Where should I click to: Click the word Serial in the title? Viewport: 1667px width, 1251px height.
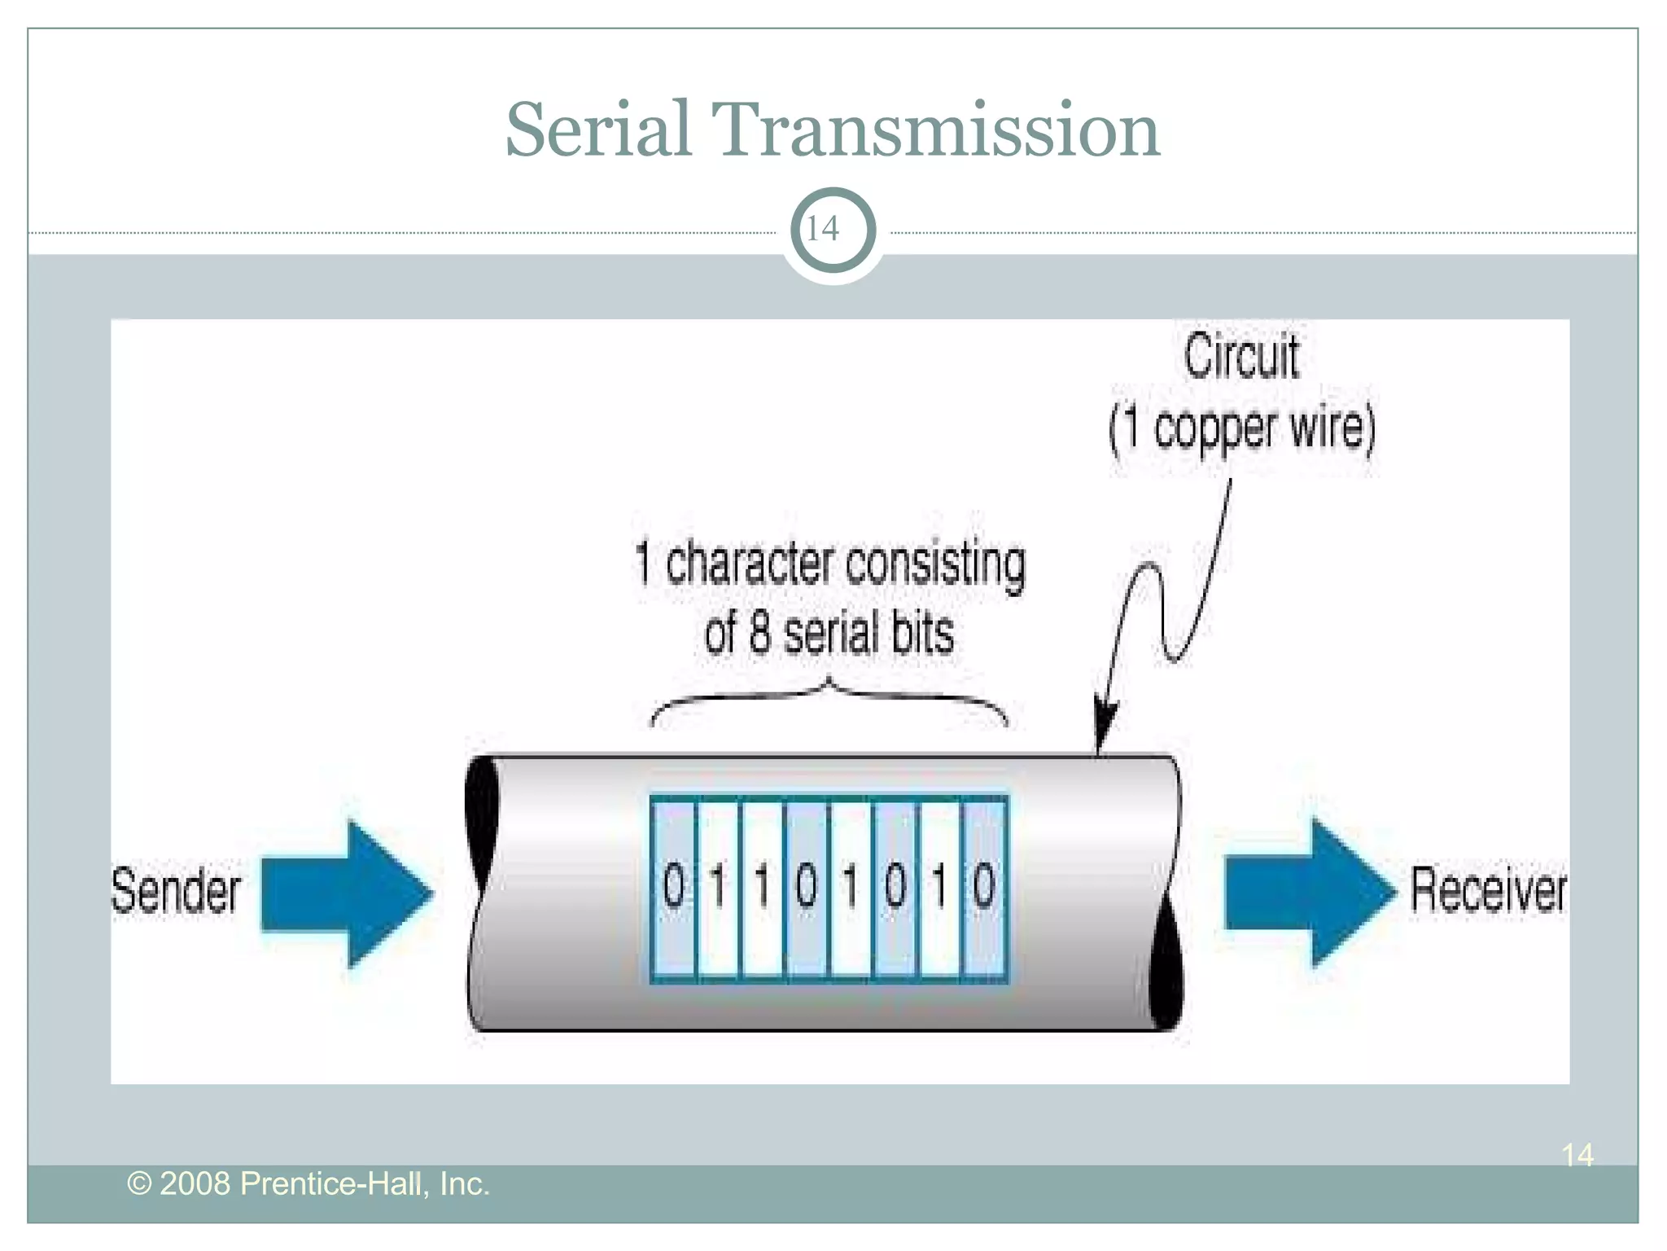pyautogui.click(x=598, y=129)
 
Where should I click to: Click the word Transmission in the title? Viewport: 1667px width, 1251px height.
pyautogui.click(x=935, y=129)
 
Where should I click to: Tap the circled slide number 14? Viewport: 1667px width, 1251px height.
pyautogui.click(x=833, y=230)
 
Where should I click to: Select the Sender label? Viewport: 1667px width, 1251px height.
pyautogui.click(x=176, y=890)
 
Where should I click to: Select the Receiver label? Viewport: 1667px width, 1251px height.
pyautogui.click(x=1487, y=890)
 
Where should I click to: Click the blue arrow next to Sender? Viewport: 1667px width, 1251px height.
pyautogui.click(x=346, y=893)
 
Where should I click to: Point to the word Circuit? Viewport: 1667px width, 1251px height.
pyautogui.click(x=1240, y=357)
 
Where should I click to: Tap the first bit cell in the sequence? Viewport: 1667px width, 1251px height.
pyautogui.click(x=673, y=888)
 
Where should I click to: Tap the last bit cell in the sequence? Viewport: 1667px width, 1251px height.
pyautogui.click(x=984, y=888)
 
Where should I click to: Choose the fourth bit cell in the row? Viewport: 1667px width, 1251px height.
pyautogui.click(x=806, y=888)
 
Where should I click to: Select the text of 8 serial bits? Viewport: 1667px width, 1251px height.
pyautogui.click(x=829, y=634)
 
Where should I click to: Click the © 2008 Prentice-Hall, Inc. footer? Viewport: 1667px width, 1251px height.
pyautogui.click(x=308, y=1183)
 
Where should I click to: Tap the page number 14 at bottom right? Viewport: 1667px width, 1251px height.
pyautogui.click(x=1577, y=1155)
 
